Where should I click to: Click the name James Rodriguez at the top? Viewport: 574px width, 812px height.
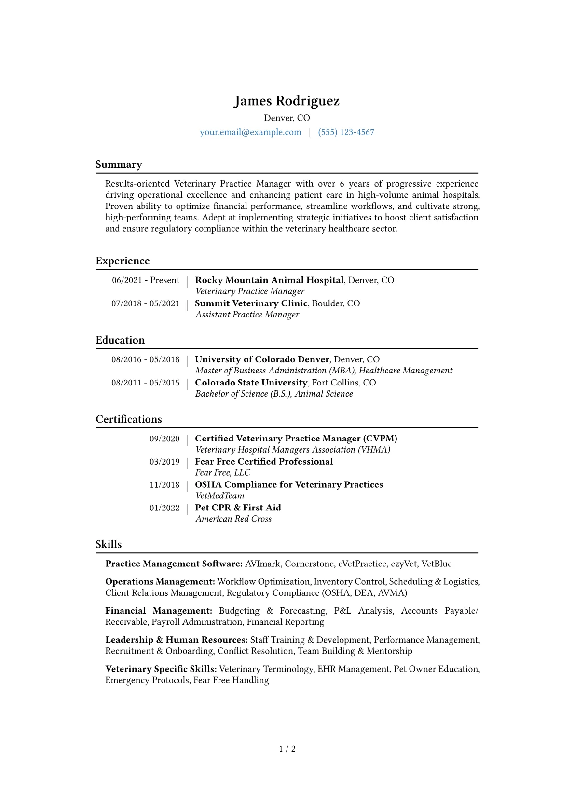[x=287, y=101]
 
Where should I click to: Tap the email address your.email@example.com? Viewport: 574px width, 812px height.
[x=250, y=132]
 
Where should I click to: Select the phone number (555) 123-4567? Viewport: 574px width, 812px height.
[x=346, y=132]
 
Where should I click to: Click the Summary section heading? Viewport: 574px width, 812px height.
[x=119, y=165]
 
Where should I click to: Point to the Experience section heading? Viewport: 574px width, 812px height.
[x=123, y=261]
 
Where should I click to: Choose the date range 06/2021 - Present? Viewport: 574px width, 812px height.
[x=146, y=280]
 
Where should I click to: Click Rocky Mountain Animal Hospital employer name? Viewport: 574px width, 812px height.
[x=269, y=280]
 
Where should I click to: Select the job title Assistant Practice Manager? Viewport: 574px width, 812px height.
[x=247, y=315]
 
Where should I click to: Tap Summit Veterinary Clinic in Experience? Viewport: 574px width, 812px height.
[x=251, y=303]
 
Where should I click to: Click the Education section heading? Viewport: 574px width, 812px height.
[x=120, y=340]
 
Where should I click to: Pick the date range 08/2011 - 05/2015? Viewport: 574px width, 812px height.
[x=145, y=383]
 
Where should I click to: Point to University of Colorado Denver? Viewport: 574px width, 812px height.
[x=262, y=359]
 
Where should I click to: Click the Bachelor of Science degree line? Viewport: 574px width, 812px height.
[x=274, y=394]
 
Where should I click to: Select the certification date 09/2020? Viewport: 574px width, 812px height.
[x=164, y=439]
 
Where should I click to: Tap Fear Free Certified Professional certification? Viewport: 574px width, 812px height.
[x=264, y=462]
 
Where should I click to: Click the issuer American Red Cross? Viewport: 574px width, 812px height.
[x=233, y=519]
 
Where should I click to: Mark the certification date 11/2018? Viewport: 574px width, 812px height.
[x=164, y=485]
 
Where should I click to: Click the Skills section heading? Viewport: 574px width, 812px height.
[x=109, y=544]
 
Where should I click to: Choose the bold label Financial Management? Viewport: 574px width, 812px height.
[x=159, y=611]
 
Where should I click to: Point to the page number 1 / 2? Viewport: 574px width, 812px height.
[x=287, y=749]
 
